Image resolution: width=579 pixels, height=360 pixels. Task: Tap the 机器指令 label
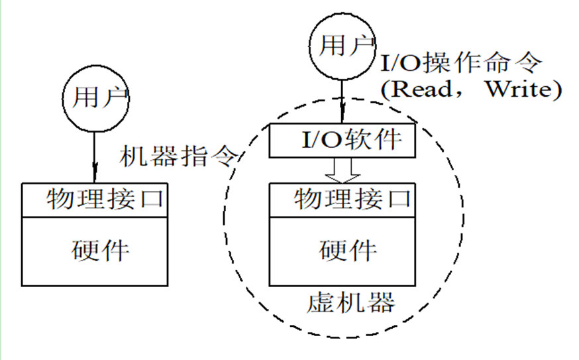click(178, 156)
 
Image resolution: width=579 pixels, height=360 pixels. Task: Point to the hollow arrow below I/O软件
click(342, 170)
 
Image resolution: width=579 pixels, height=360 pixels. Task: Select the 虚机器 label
click(351, 302)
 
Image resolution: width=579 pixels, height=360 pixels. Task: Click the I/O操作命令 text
click(461, 62)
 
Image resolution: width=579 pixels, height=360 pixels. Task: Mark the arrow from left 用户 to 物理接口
click(95, 157)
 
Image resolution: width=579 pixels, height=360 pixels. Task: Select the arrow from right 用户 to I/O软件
click(342, 101)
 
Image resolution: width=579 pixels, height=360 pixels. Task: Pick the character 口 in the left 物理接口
click(152, 200)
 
